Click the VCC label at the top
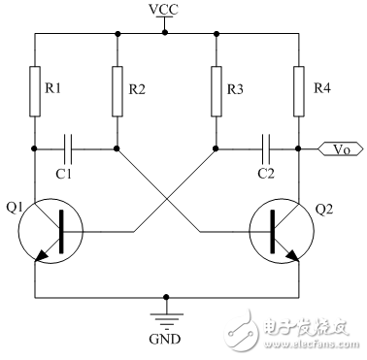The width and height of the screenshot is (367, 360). point(164,10)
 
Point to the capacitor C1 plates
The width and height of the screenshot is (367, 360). point(68,149)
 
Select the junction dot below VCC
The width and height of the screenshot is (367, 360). point(165,32)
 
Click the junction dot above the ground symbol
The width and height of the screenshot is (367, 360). point(166,297)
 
